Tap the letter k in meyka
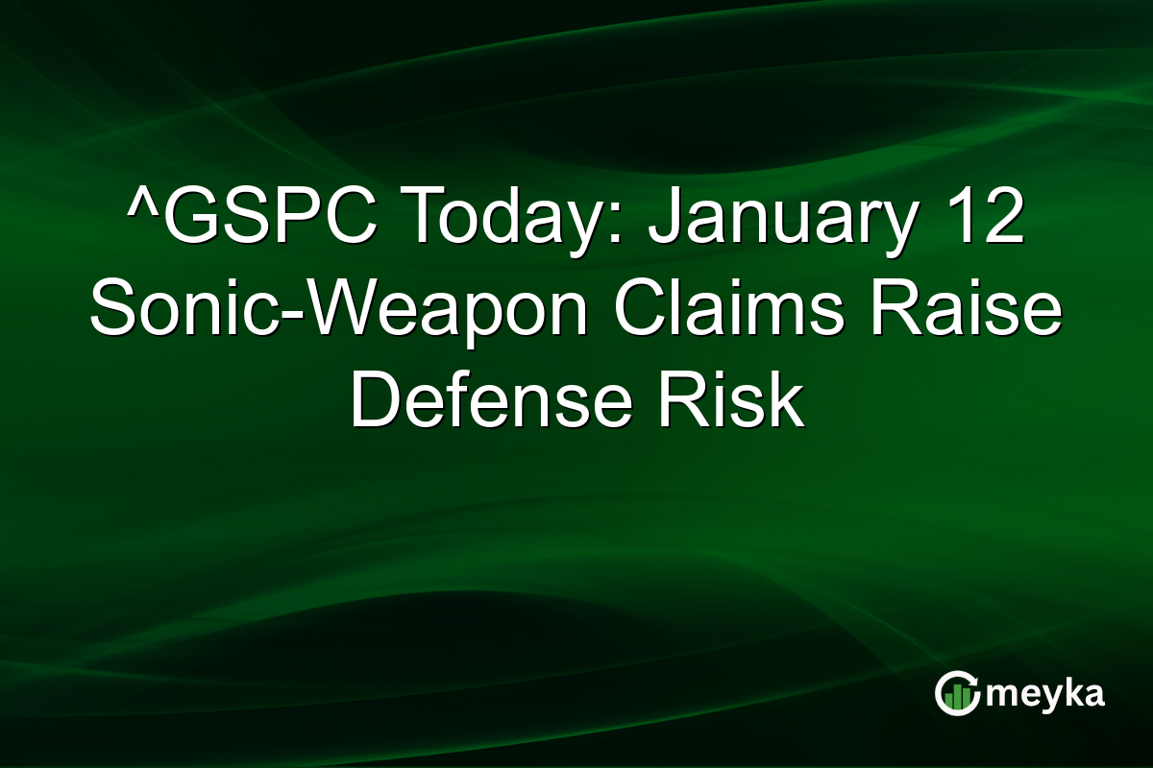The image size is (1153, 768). [1071, 692]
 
